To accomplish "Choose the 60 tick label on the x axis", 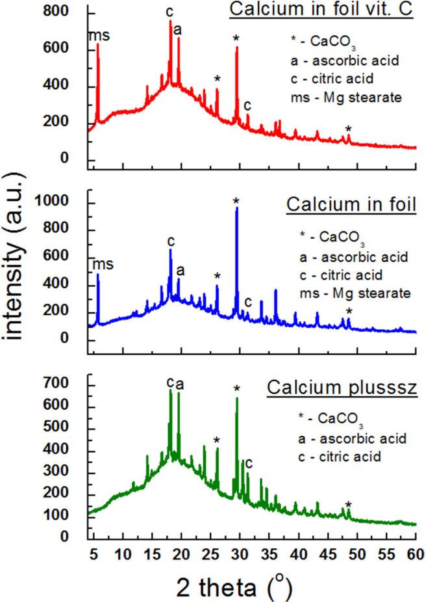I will (415, 553).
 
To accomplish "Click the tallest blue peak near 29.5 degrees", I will (237, 209).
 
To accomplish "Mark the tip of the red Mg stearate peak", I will (97, 45).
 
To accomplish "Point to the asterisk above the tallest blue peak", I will (236, 200).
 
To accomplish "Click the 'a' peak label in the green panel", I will (180, 384).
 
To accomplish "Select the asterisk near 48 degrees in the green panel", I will (348, 504).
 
